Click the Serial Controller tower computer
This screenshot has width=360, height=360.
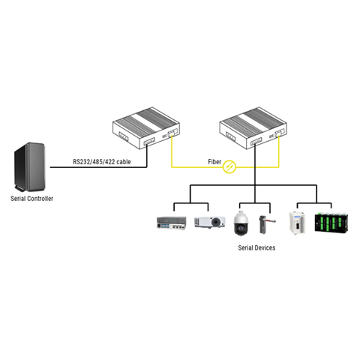[29, 166]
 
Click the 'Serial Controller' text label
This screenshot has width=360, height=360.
[31, 199]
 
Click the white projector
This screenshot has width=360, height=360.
[208, 221]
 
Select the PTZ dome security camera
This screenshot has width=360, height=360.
[242, 222]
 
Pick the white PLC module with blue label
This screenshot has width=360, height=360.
[298, 222]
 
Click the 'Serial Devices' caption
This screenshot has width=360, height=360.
[256, 247]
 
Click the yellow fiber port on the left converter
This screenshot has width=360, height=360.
[171, 135]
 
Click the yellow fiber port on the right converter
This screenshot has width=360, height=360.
[280, 135]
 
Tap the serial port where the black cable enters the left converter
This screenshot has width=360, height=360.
[148, 141]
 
